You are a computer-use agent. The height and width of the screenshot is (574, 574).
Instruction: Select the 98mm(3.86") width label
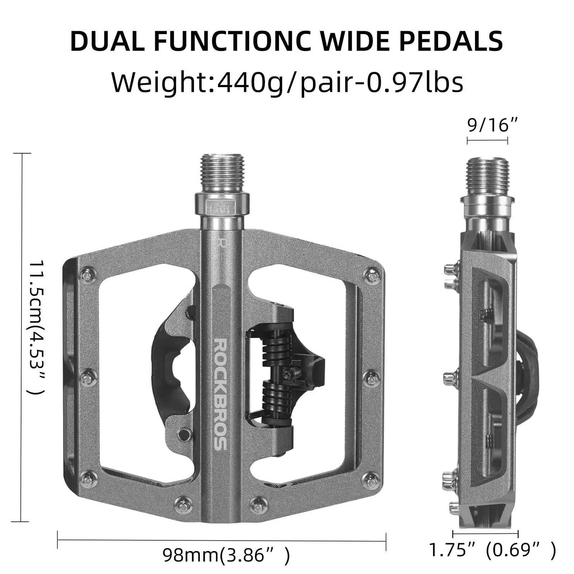tap(226, 555)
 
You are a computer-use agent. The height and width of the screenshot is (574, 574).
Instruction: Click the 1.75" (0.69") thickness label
tap(492, 550)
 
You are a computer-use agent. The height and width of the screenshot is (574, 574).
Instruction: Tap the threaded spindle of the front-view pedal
tap(223, 173)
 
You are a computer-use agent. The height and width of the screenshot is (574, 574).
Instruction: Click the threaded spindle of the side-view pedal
tap(487, 176)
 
